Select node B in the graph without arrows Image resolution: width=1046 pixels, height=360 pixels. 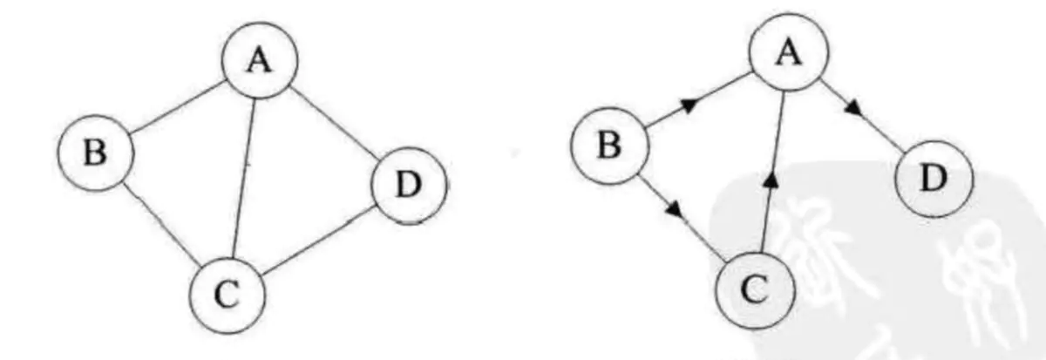tap(97, 153)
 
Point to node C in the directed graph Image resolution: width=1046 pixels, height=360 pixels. tap(756, 289)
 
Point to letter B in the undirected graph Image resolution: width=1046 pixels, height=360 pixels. tap(97, 153)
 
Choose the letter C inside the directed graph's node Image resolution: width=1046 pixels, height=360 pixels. tap(756, 289)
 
